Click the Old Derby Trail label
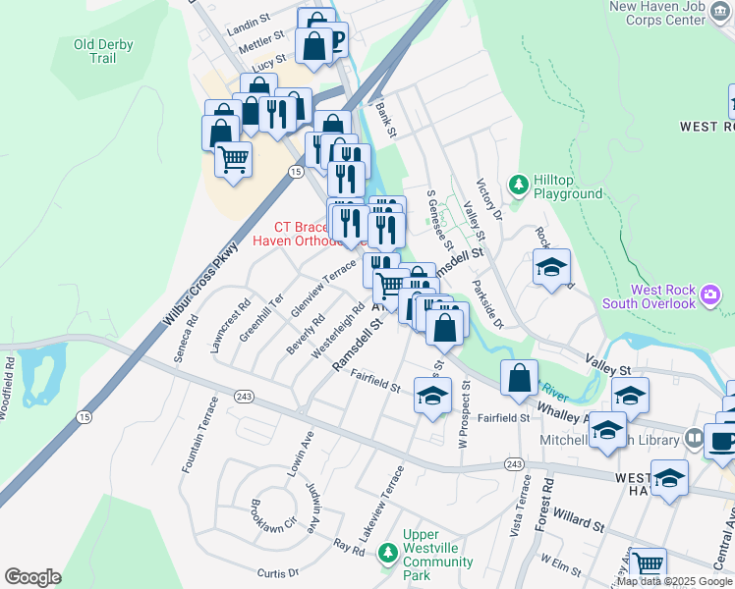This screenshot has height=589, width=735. click(103, 51)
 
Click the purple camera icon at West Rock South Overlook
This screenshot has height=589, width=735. click(709, 294)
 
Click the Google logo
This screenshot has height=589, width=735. click(32, 577)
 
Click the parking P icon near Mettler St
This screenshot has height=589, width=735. click(337, 39)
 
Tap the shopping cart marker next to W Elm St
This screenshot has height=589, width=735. click(648, 564)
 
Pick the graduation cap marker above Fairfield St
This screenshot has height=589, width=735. click(431, 397)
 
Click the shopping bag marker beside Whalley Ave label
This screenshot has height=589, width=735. click(519, 377)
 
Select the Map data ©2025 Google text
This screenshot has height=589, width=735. click(674, 581)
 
